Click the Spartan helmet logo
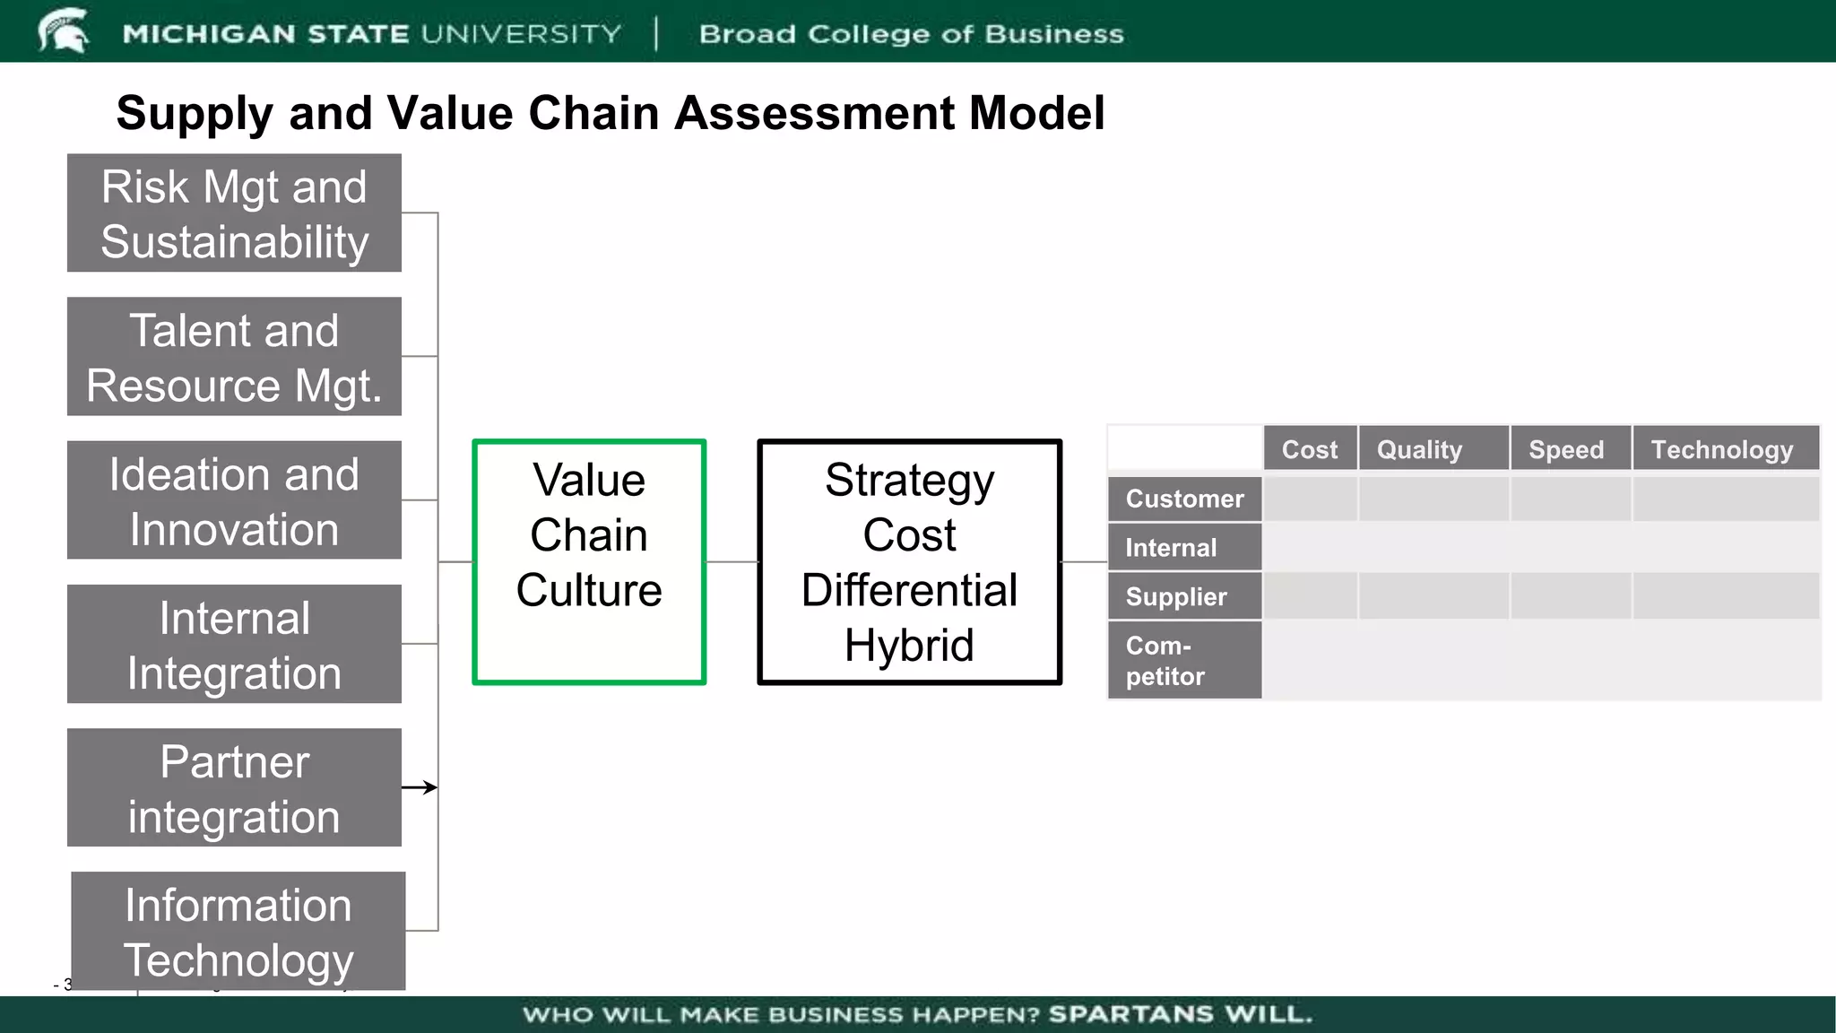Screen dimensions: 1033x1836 click(x=63, y=30)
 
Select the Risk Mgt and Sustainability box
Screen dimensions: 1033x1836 click(x=234, y=213)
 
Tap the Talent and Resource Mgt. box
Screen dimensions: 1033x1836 click(x=234, y=357)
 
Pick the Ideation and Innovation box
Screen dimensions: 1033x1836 click(x=234, y=500)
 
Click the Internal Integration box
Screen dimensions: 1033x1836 click(x=234, y=644)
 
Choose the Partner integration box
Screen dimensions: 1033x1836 click(x=234, y=787)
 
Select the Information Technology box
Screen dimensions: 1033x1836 click(x=238, y=931)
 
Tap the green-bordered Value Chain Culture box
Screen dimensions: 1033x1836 click(x=589, y=562)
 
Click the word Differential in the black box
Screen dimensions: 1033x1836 click(x=909, y=590)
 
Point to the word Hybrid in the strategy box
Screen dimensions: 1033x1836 click(x=909, y=646)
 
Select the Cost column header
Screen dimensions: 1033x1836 click(x=1309, y=449)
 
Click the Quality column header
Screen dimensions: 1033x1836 click(x=1419, y=449)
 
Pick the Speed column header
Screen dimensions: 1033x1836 click(x=1566, y=449)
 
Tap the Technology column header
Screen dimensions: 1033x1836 click(x=1722, y=449)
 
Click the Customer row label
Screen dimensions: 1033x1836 click(x=1184, y=499)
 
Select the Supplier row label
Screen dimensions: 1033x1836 click(x=1176, y=597)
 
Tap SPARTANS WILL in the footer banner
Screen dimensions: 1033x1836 click(x=1180, y=1014)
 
